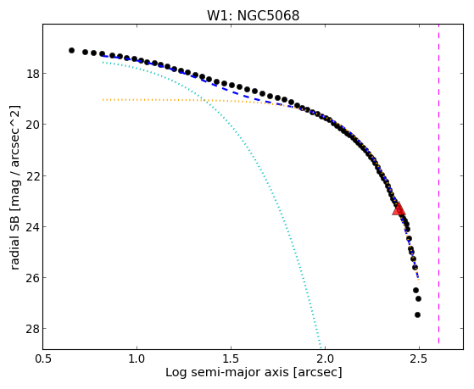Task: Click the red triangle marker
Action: point(399,208)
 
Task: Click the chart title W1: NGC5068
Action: point(253,16)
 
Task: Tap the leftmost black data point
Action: point(71,50)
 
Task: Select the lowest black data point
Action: point(417,314)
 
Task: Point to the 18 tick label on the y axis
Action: point(31,74)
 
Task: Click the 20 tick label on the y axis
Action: point(31,125)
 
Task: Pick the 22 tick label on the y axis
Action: point(31,175)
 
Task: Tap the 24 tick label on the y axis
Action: point(31,226)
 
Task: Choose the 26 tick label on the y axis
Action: point(31,277)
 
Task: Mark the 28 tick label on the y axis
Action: point(31,329)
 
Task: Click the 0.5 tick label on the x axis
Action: point(43,359)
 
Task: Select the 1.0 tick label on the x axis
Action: point(137,359)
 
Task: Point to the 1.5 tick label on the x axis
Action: point(231,359)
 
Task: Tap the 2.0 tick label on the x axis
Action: point(325,359)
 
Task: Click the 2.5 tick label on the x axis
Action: point(419,359)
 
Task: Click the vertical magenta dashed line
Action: point(438,184)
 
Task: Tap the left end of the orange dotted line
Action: point(103,99)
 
